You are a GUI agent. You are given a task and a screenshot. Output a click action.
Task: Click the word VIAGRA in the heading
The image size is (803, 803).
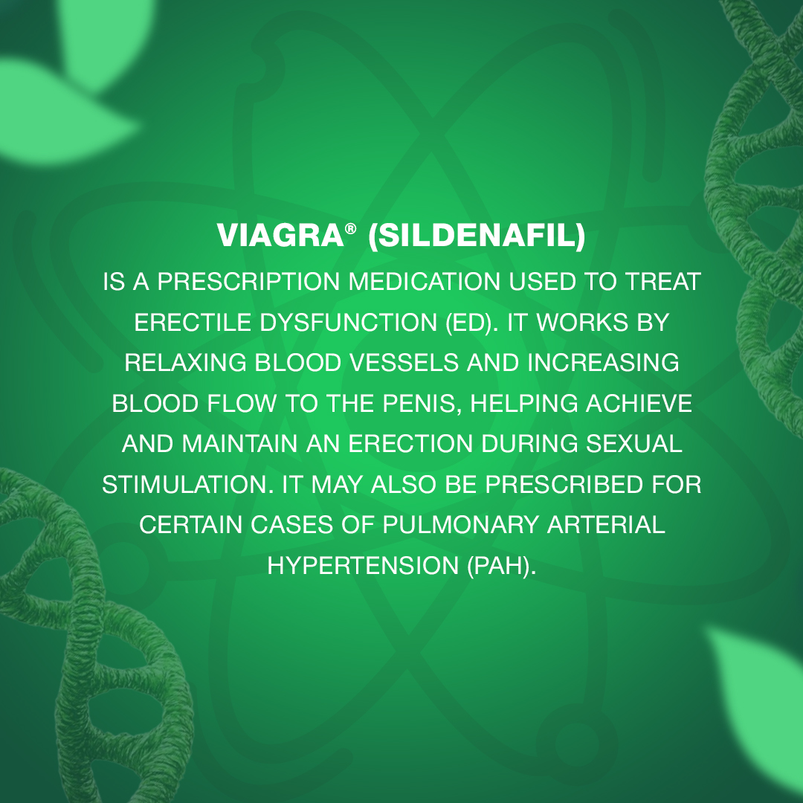click(280, 236)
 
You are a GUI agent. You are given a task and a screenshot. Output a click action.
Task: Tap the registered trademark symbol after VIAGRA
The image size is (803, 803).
click(350, 228)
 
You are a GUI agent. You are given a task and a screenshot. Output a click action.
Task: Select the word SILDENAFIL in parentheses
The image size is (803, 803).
click(477, 236)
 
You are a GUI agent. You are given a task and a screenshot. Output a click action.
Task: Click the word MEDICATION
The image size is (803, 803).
click(425, 282)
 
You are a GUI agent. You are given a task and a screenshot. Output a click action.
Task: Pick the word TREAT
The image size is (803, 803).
click(662, 282)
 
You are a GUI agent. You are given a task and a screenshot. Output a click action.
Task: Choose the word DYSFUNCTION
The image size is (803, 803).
click(348, 322)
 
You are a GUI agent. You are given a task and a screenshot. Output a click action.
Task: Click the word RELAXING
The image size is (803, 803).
click(185, 363)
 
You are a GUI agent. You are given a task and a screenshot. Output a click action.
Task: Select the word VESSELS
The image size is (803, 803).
click(404, 363)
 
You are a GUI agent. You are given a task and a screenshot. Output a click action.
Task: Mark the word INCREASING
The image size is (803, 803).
click(603, 363)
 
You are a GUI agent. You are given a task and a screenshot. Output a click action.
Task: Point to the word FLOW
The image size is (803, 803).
click(242, 404)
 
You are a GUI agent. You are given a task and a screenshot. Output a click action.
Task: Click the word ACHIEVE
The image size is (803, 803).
click(639, 404)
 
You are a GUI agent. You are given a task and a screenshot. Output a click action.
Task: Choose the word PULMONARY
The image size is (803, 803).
click(460, 525)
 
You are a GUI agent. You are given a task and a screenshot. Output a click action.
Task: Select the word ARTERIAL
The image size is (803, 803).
click(607, 525)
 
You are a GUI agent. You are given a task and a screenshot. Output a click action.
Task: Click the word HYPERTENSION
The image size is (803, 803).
click(363, 565)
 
